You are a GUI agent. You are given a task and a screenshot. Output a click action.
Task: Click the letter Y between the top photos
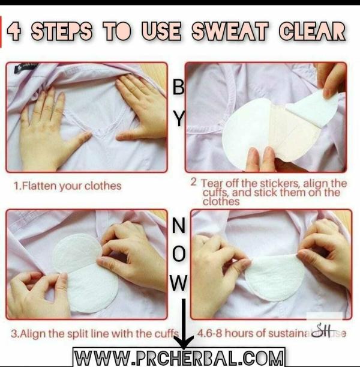178,120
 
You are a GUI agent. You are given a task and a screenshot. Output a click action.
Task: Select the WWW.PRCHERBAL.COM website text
178,358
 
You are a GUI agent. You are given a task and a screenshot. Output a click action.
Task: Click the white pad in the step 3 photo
84,273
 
